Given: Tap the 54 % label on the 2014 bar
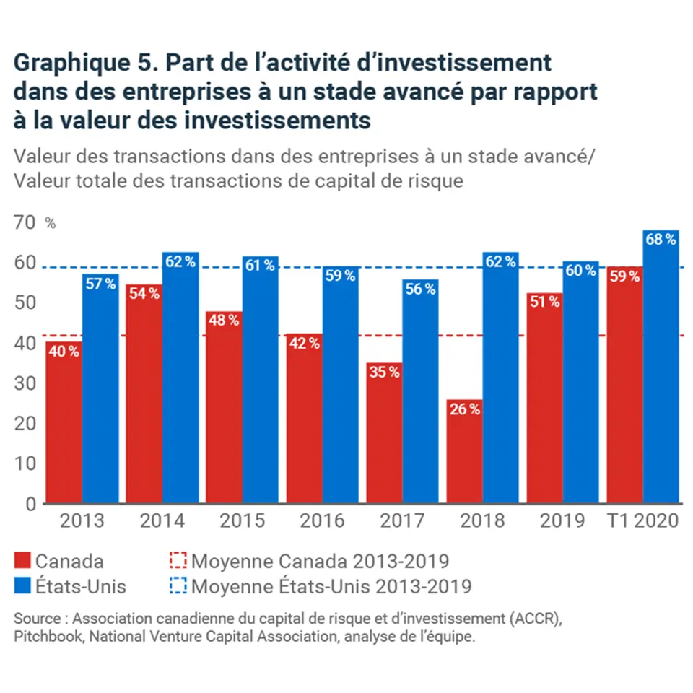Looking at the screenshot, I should (144, 295).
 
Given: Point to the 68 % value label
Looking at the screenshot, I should (661, 239).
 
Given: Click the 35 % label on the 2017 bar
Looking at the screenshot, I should (384, 372).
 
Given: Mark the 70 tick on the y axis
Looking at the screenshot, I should (25, 222).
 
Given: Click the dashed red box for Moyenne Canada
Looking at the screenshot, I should (178, 561).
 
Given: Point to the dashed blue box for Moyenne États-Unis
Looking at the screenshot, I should (178, 585).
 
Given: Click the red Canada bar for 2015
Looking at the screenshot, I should (224, 408).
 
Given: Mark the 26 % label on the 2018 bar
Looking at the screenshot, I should (464, 409).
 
